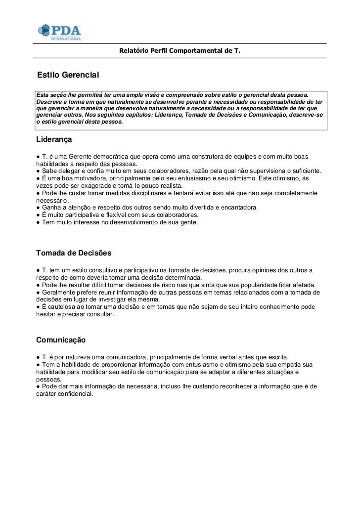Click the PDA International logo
click(59, 32)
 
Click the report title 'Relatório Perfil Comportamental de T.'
click(180, 51)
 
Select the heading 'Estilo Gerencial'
click(68, 75)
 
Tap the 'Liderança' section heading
click(54, 140)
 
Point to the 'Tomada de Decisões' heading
click(74, 253)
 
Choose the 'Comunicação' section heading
click(61, 340)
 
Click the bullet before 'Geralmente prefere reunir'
click(38, 292)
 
